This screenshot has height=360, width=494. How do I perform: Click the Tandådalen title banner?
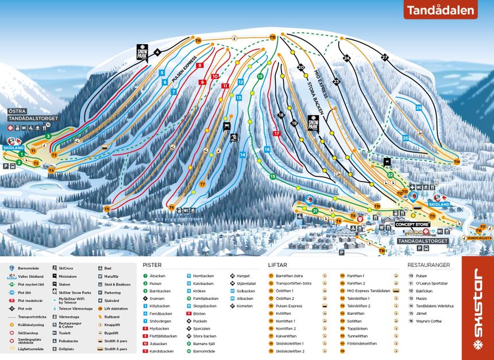tap(441, 10)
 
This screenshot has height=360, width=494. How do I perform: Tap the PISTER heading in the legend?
tap(152, 265)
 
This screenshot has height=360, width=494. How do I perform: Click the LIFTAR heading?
tap(278, 265)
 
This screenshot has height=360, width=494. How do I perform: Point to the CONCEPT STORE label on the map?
tap(412, 224)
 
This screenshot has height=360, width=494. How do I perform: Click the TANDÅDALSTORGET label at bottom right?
tap(422, 241)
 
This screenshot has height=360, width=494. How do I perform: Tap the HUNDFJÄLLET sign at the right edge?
tap(478, 237)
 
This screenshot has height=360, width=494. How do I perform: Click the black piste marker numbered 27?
tap(384, 57)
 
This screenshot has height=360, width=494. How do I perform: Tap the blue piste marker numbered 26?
tap(419, 107)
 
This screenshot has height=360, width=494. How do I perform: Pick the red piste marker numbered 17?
tap(277, 133)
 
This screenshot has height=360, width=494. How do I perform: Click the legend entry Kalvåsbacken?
tap(161, 350)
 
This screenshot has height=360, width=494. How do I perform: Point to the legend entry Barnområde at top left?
tap(29, 268)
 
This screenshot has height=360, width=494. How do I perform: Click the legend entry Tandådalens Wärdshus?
tap(434, 305)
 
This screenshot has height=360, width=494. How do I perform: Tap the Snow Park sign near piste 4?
tap(142, 52)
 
